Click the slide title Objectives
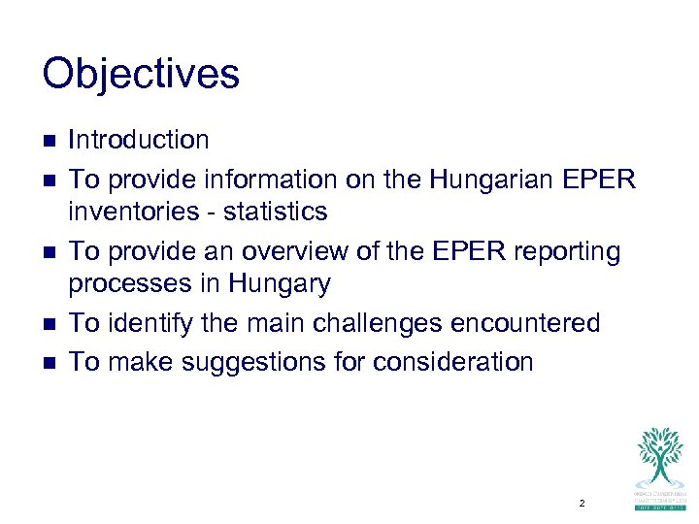(141, 75)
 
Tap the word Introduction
(139, 140)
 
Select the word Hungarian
(488, 180)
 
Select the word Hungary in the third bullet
(282, 284)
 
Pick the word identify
(149, 322)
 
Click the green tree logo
(660, 456)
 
